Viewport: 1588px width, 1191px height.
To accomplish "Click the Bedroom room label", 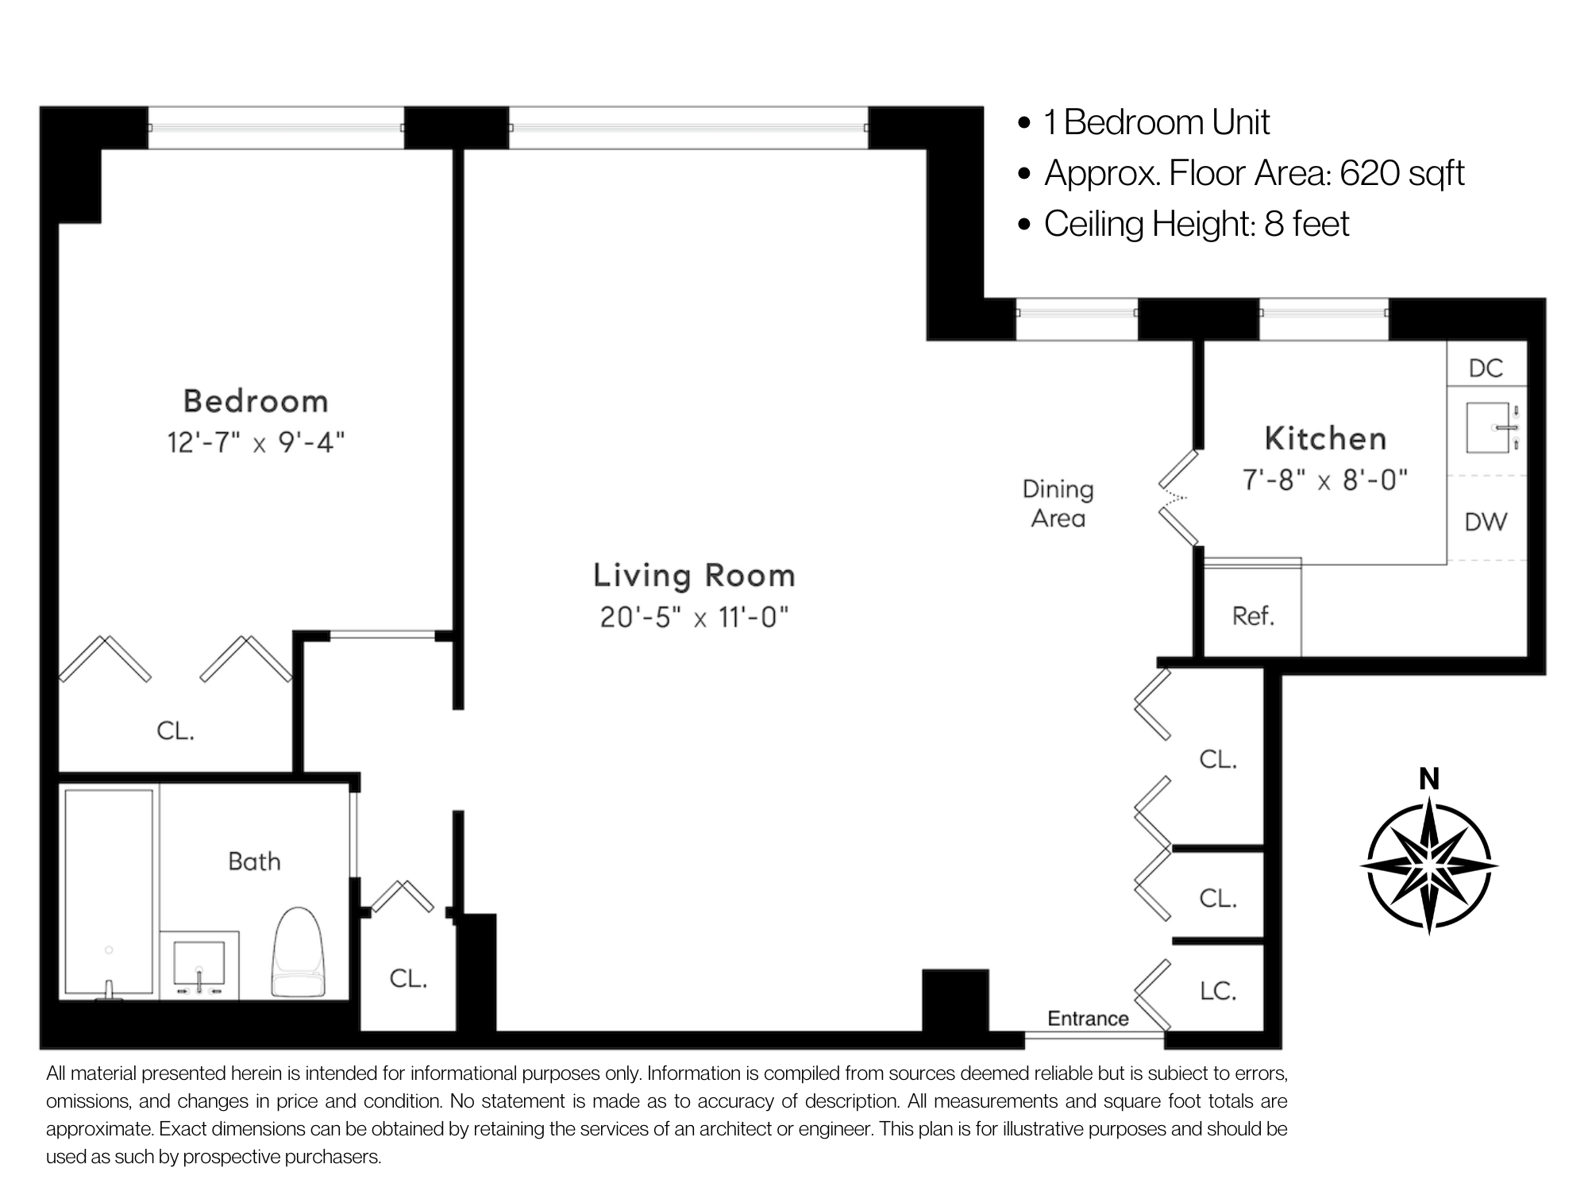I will (256, 401).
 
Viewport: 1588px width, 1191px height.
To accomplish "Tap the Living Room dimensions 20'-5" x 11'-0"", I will (694, 617).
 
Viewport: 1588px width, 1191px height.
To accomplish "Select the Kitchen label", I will (1325, 438).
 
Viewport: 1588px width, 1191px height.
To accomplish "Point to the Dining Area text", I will (1058, 503).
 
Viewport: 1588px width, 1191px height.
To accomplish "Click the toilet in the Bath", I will (299, 953).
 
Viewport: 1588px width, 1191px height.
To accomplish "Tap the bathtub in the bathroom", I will (109, 891).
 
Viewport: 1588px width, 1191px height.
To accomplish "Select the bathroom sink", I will (199, 963).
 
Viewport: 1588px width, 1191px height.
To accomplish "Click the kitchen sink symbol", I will (1487, 427).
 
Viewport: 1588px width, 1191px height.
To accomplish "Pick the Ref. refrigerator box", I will (1253, 615).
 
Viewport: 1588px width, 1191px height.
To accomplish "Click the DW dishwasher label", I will (1486, 522).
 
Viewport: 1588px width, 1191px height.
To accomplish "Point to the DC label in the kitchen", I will (1486, 368).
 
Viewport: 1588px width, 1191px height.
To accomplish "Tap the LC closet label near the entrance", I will (1217, 990).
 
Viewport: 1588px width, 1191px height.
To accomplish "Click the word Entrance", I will (1088, 1019).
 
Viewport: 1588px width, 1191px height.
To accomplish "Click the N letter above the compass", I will (1429, 780).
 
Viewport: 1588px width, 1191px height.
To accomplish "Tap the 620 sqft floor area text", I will (1401, 173).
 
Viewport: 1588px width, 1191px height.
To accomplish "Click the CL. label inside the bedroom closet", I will (175, 730).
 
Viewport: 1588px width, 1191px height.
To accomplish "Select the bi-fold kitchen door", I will (1178, 499).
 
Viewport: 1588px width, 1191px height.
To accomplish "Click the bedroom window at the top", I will (276, 127).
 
